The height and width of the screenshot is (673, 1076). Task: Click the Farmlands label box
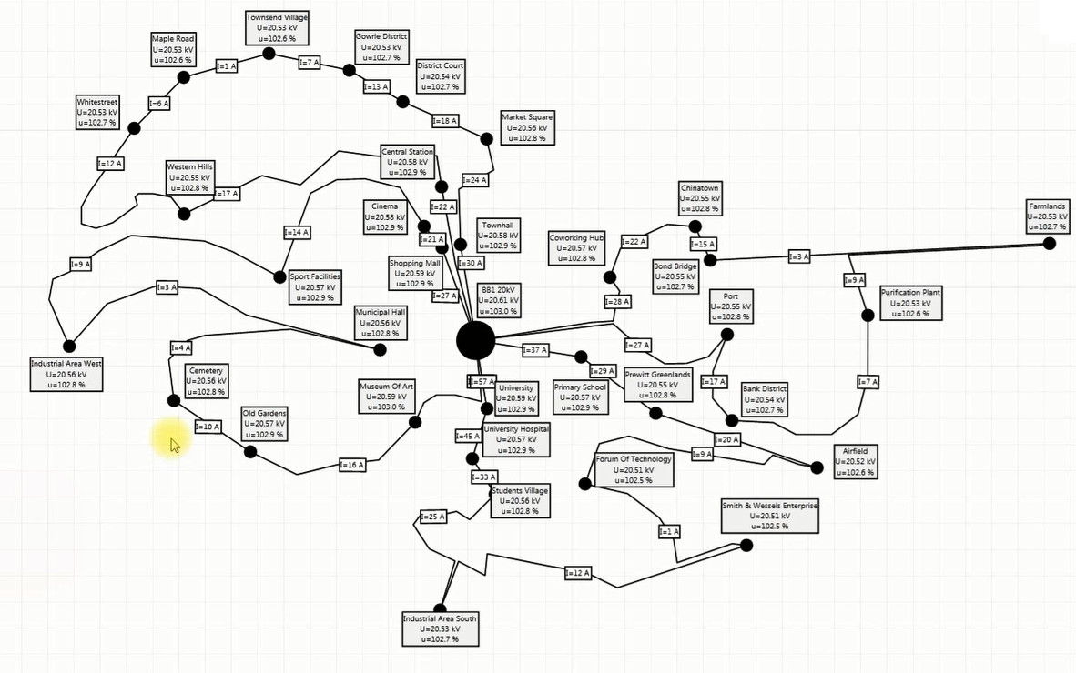point(1047,217)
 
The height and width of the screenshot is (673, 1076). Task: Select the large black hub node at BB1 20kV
point(475,340)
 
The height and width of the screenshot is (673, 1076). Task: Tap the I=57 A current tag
point(482,381)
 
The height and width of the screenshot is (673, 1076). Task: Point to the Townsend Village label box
point(278,28)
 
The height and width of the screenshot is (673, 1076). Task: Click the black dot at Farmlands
point(1050,243)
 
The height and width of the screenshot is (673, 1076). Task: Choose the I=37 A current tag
point(535,350)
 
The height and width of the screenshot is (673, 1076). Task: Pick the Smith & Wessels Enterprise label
point(770,516)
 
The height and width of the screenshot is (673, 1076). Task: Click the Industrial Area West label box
point(66,374)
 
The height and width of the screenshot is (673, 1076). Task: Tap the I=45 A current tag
point(467,437)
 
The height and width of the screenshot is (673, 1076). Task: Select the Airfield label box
point(855,462)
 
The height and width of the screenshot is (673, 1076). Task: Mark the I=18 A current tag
point(445,121)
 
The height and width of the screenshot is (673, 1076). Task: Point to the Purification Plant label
point(910,303)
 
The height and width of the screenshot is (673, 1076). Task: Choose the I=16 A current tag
point(352,465)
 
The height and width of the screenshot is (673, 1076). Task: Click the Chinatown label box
point(700,198)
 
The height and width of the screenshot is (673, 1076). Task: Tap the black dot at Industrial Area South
point(441,609)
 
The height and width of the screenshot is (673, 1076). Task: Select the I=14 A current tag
point(297,233)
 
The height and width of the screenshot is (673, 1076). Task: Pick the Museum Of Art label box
point(386,397)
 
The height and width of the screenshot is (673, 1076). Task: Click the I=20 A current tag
point(726,440)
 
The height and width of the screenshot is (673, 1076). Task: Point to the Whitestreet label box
point(97,113)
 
